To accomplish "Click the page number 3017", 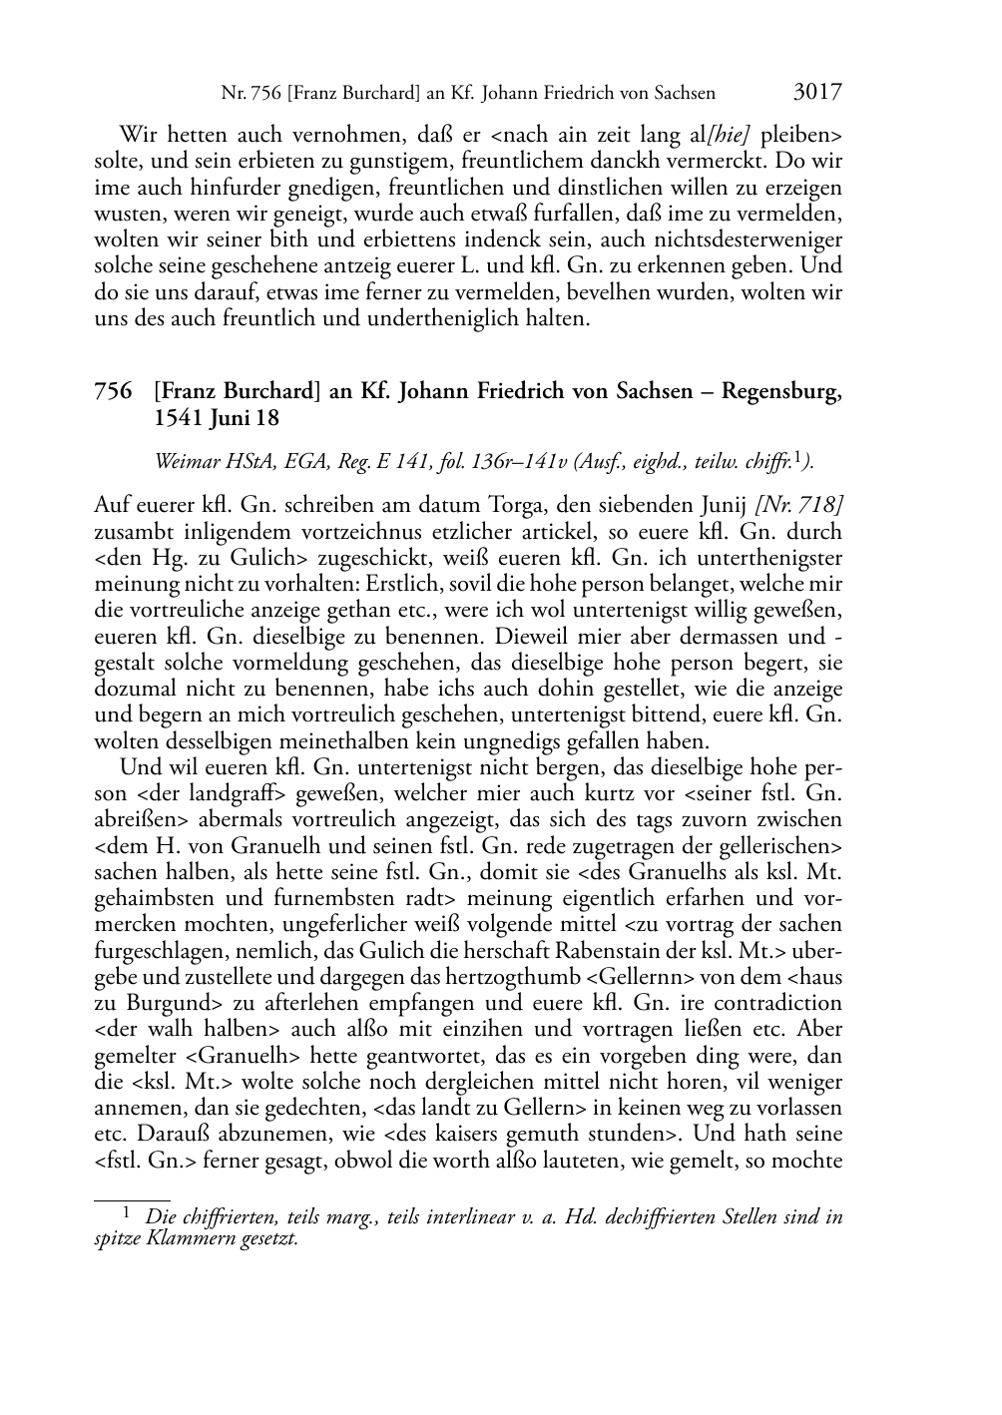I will click(817, 93).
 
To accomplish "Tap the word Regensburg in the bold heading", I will click(781, 392).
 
